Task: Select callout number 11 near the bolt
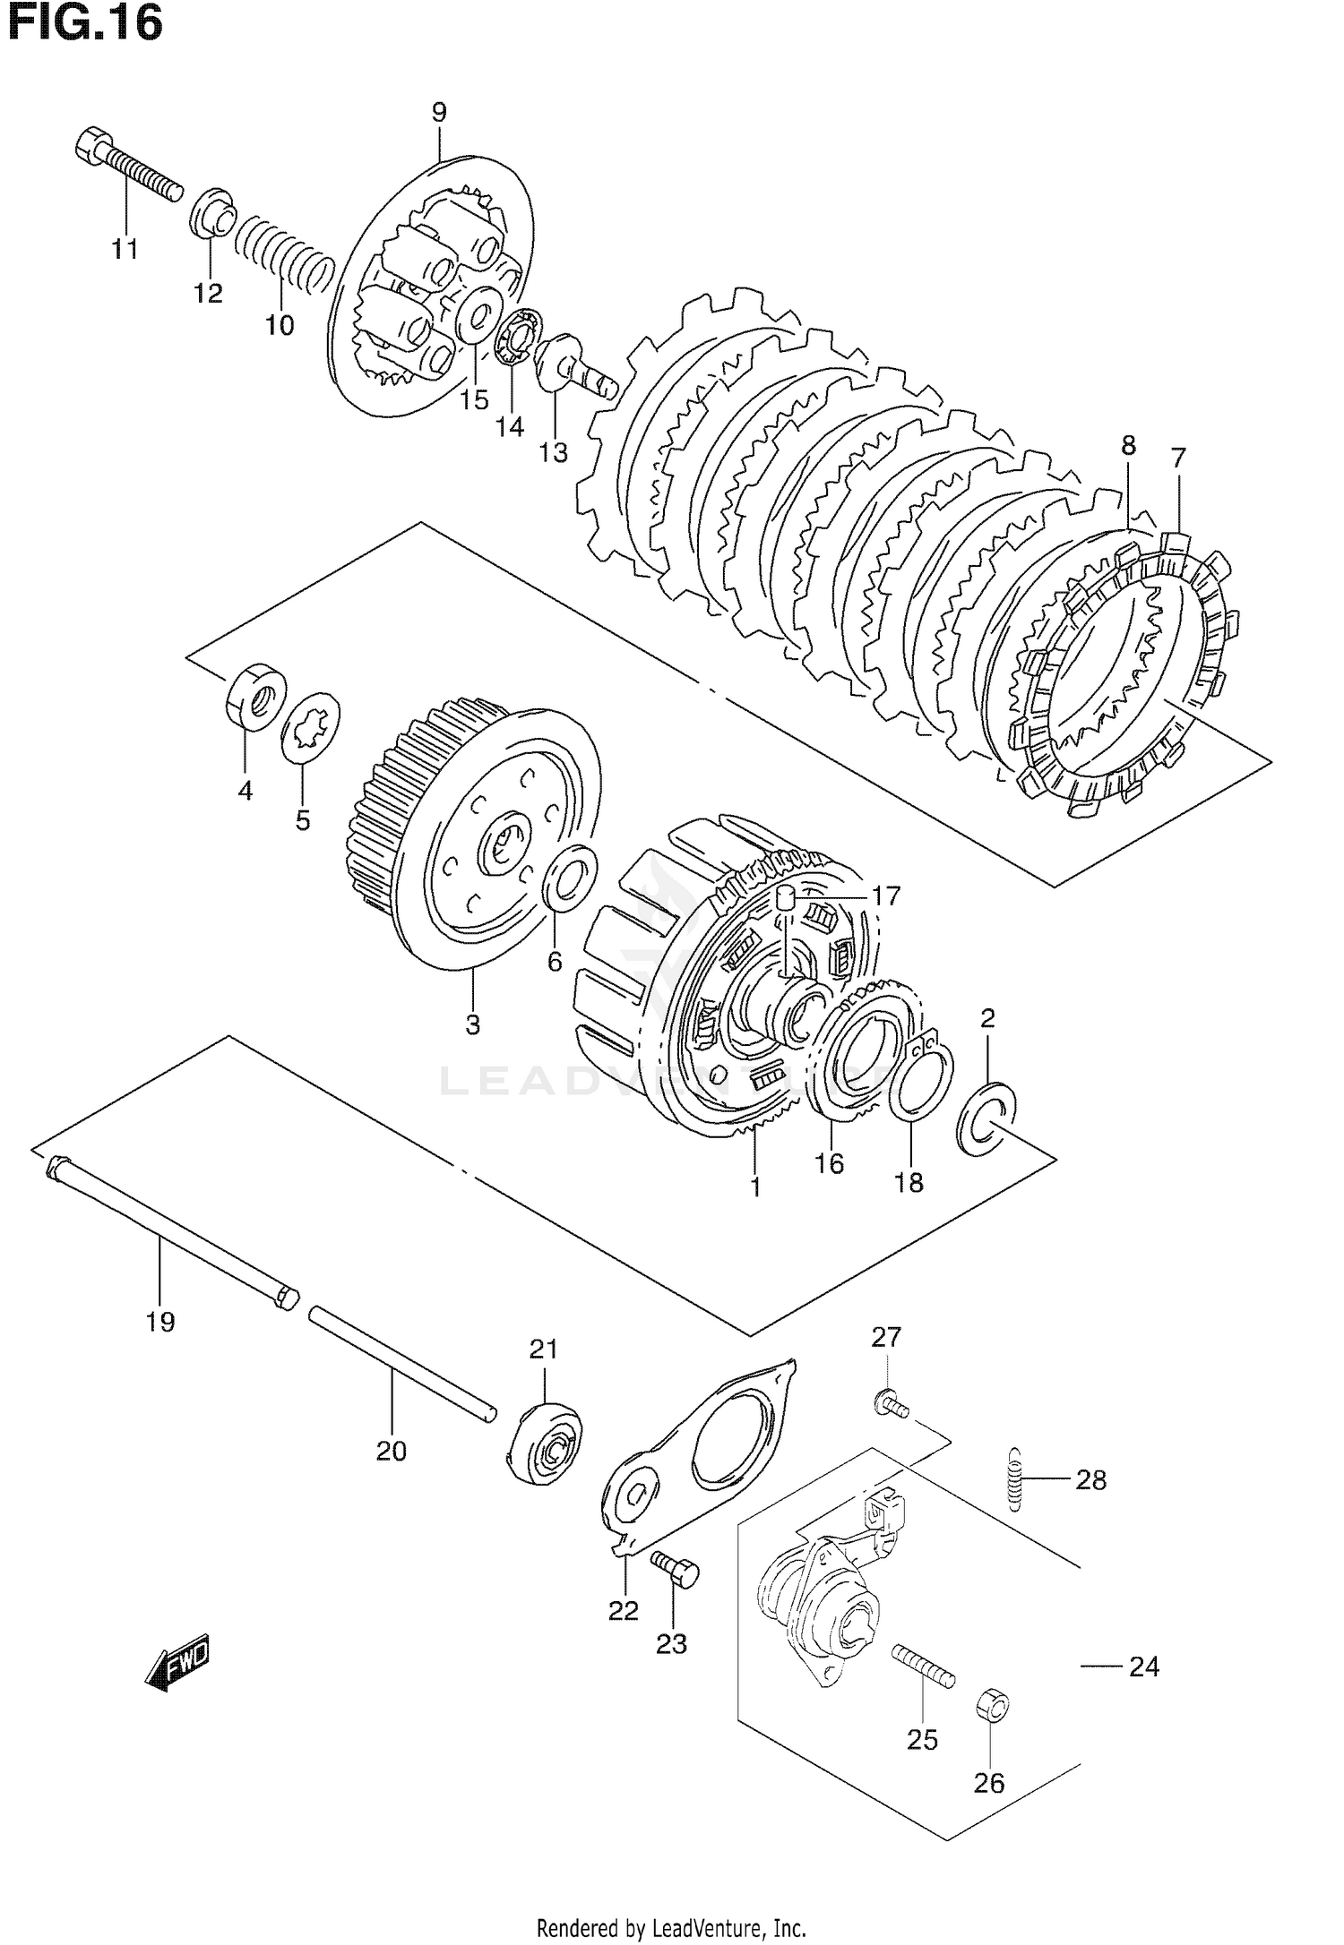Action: click(125, 249)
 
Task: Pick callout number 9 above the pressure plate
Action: click(438, 113)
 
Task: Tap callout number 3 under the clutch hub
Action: click(472, 1024)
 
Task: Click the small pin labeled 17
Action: click(786, 898)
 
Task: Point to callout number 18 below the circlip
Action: click(909, 1182)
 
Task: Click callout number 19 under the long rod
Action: click(161, 1322)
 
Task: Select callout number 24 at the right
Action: click(1143, 1667)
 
